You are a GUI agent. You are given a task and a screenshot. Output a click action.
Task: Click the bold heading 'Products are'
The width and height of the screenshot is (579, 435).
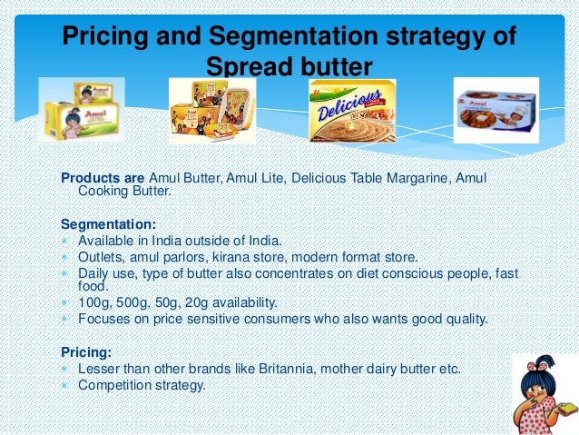coord(103,178)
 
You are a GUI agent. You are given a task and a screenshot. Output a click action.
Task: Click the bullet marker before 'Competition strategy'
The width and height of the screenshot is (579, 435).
coord(66,385)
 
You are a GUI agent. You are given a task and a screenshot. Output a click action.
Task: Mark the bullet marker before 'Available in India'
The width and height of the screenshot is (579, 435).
coord(66,241)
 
